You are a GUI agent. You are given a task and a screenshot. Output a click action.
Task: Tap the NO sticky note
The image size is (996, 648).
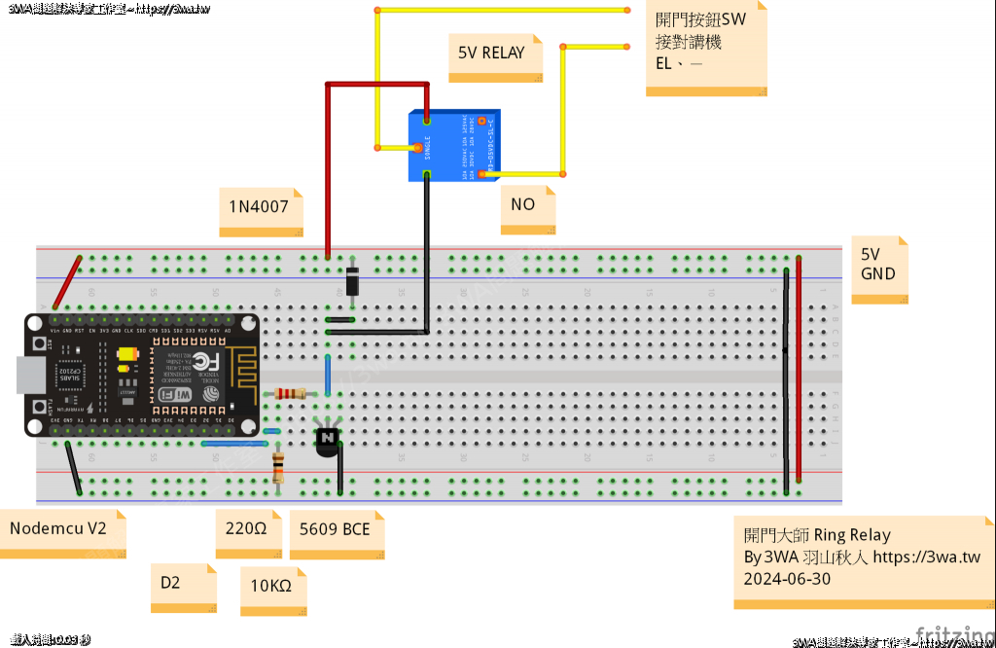click(523, 205)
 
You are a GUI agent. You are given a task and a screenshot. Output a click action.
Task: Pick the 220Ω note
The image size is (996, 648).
click(246, 530)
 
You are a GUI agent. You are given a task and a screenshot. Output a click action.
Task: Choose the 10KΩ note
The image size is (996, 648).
click(271, 587)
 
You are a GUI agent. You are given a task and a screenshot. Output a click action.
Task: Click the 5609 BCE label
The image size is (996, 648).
click(335, 530)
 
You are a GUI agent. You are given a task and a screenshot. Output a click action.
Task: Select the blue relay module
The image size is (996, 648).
click(452, 146)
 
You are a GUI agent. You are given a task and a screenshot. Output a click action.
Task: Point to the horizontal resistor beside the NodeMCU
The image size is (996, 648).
click(291, 393)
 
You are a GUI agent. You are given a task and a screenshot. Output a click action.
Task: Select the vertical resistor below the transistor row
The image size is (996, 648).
click(279, 469)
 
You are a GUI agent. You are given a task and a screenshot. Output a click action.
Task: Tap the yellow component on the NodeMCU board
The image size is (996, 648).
click(125, 357)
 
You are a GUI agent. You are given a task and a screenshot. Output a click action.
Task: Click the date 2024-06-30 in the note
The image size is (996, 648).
click(787, 579)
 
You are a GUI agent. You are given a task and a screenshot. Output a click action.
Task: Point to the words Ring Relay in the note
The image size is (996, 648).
click(852, 535)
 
